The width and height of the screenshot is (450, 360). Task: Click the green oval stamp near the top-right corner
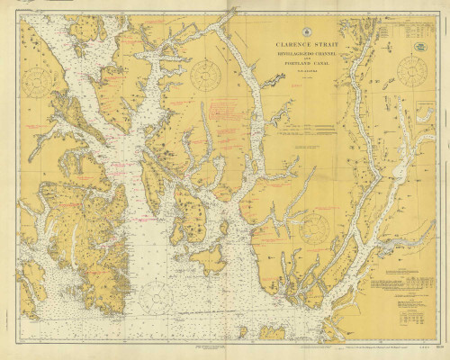coord(419,46)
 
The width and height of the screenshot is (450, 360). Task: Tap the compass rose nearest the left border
coord(37,83)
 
